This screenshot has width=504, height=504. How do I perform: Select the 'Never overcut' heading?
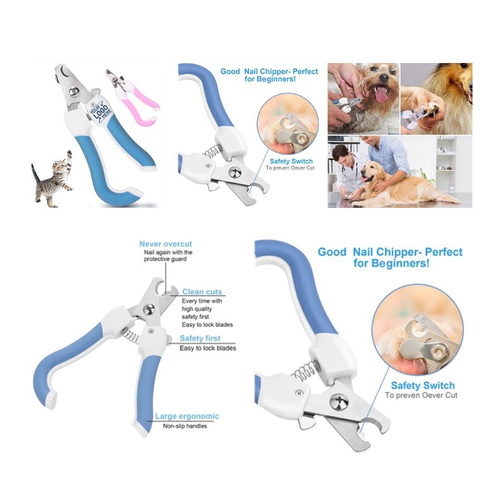(x=166, y=244)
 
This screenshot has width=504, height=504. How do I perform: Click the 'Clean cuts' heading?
(x=202, y=292)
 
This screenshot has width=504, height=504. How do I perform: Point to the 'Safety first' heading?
(x=200, y=338)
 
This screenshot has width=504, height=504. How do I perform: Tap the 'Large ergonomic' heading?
(x=187, y=416)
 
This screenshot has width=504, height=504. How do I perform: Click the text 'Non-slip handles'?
(x=185, y=427)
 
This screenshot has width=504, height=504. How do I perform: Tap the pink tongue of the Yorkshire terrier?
(x=382, y=94)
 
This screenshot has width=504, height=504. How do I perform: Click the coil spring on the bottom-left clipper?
(x=131, y=337)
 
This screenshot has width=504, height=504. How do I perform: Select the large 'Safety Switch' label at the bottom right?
(x=423, y=386)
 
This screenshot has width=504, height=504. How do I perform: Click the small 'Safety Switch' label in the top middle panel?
(x=291, y=161)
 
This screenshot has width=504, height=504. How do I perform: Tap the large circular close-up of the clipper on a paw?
(x=418, y=330)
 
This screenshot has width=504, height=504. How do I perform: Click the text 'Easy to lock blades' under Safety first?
(x=208, y=348)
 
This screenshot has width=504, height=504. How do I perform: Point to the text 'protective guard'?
(x=165, y=259)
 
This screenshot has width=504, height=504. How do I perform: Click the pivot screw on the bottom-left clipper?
(x=149, y=310)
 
